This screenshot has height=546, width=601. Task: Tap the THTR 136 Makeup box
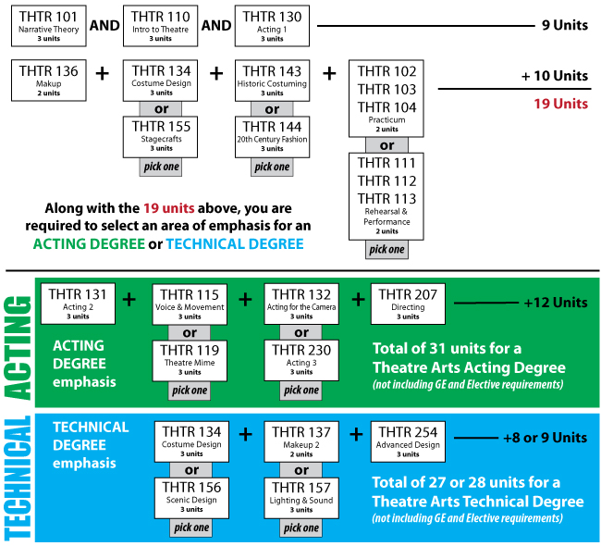point(50,81)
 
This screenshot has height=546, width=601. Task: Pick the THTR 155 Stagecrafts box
point(161,136)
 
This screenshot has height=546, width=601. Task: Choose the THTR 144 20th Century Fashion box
point(272,136)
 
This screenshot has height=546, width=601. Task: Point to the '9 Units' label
point(564,25)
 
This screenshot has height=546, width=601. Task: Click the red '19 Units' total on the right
point(561,103)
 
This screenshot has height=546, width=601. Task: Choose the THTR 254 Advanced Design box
point(408,441)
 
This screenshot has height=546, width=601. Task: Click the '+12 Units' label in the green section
point(555,303)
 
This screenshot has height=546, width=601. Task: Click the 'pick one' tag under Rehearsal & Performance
point(387,249)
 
